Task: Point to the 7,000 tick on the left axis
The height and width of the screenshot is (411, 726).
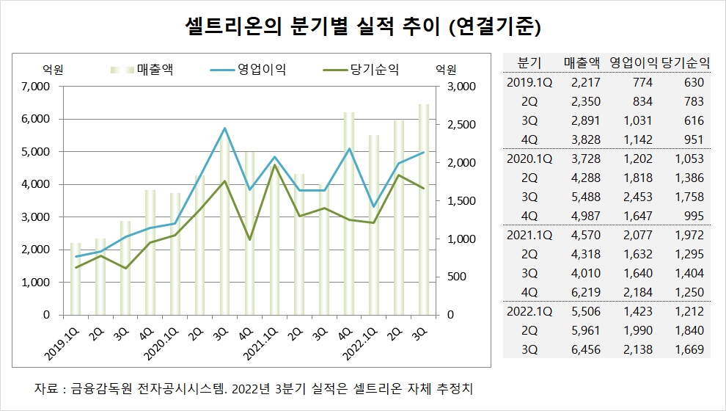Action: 34,87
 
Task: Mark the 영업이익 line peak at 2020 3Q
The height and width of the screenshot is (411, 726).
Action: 224,128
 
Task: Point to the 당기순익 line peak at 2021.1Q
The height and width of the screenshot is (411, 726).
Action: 274,165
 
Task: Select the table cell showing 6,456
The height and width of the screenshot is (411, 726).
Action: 585,349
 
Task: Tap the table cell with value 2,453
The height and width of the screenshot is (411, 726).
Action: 637,197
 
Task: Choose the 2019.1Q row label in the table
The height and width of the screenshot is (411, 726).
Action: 528,82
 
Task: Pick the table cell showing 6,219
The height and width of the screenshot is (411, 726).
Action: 585,292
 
